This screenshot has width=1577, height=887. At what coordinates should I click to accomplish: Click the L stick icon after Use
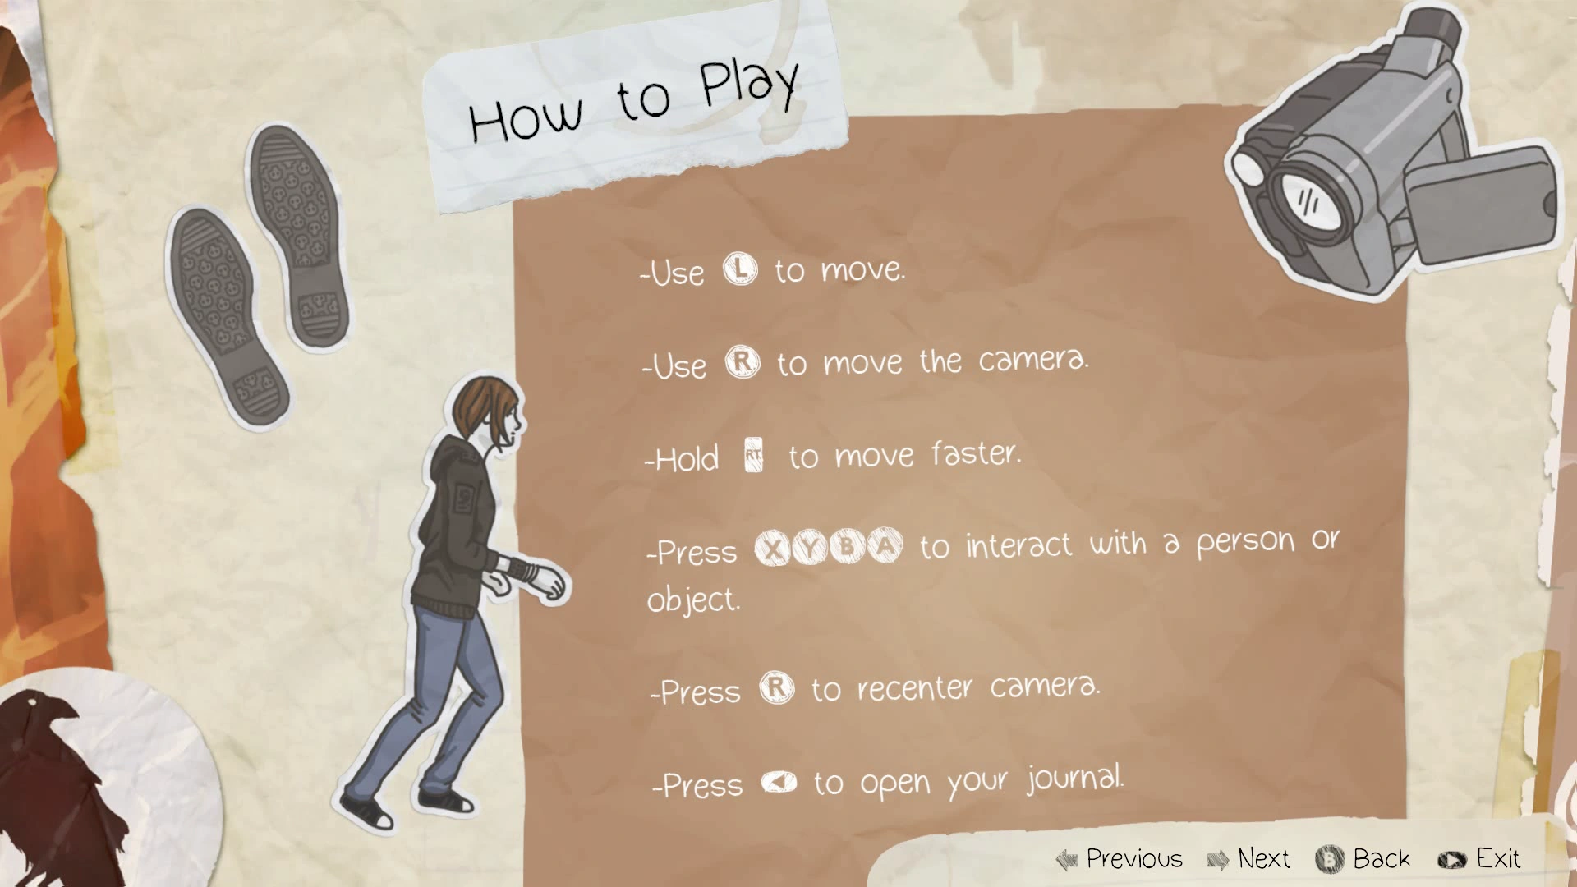(740, 269)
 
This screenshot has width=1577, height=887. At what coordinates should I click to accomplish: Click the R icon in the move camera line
(743, 361)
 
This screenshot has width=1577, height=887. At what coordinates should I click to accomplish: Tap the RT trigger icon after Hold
(754, 455)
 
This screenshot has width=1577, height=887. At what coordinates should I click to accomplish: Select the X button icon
(772, 548)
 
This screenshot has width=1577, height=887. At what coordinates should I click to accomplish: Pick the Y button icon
(810, 547)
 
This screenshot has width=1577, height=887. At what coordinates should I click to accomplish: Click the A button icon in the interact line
(885, 545)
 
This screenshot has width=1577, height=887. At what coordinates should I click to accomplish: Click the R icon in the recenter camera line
(777, 687)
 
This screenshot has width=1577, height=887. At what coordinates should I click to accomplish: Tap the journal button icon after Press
(779, 782)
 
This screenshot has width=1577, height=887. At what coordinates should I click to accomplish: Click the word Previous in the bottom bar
(1134, 859)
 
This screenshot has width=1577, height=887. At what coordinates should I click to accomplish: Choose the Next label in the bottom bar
(1264, 859)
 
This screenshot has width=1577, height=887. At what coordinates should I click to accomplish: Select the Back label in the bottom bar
(1382, 859)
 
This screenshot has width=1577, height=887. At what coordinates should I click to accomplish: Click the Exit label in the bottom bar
(1498, 859)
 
